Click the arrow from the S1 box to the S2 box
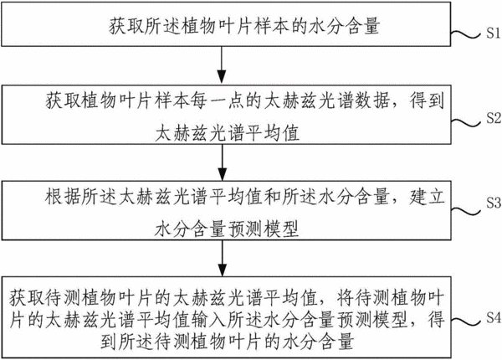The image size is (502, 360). click(222, 65)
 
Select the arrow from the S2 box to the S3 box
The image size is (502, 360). click(223, 162)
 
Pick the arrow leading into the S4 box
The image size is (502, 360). click(223, 258)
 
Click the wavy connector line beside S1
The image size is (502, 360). click(466, 34)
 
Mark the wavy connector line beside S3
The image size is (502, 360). click(466, 211)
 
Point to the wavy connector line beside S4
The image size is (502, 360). click(466, 321)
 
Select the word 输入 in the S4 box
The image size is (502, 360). click(207, 319)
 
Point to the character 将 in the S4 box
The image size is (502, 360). click(346, 299)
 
